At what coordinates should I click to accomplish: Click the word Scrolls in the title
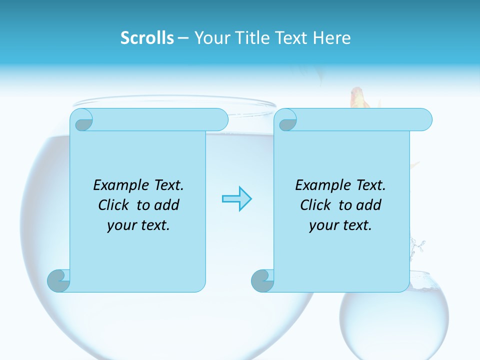point(147,38)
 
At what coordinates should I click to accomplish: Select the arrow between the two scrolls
point(236,199)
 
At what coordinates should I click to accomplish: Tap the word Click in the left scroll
point(115,205)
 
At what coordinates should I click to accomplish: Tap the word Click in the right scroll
point(317,205)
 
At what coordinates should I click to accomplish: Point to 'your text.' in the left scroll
point(138,225)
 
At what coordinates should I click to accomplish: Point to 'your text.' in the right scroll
point(340,225)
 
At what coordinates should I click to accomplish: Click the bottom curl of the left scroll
point(59,280)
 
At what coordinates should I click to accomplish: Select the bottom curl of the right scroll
point(262,280)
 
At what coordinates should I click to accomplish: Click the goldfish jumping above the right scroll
point(358,98)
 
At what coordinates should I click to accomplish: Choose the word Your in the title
point(209,38)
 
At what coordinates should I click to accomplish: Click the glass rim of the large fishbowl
point(175,102)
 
